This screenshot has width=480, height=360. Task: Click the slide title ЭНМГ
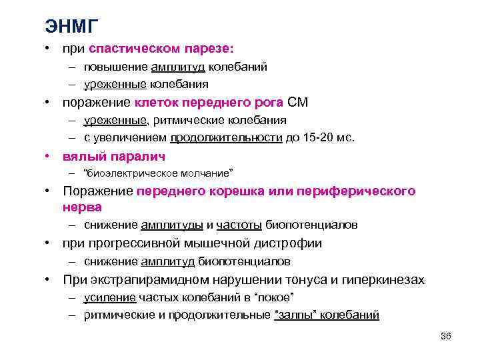pyautogui.click(x=72, y=26)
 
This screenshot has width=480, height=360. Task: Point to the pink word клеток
pyautogui.click(x=157, y=103)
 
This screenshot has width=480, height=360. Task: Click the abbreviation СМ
pyautogui.click(x=297, y=103)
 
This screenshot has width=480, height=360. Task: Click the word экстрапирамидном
pyautogui.click(x=144, y=280)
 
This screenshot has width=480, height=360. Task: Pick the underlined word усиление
pyautogui.click(x=110, y=297)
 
